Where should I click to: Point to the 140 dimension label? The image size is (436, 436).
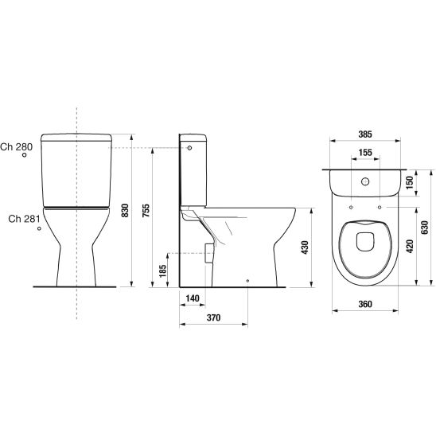coord(191,298)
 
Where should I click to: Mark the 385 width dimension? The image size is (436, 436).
coord(367,135)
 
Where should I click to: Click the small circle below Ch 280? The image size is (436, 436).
coord(25,157)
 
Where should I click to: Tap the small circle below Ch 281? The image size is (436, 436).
coord(38,231)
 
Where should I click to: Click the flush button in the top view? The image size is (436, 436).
coord(366,181)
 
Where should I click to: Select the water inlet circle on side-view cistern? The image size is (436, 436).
coord(189,148)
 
